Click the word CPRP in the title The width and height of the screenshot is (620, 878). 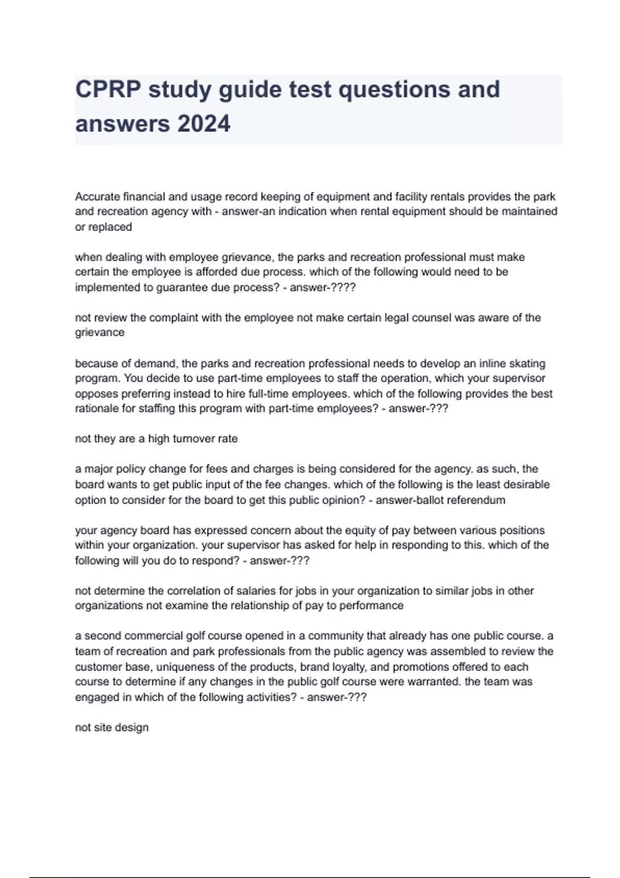click(x=107, y=89)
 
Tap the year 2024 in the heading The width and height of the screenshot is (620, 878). click(x=204, y=124)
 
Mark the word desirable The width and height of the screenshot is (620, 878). click(x=523, y=485)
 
